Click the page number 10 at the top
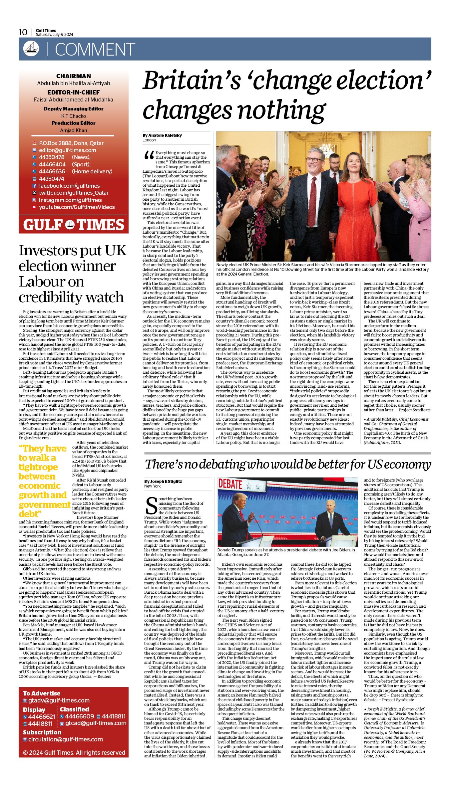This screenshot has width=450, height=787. (23, 32)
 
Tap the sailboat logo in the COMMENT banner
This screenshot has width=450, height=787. (31, 49)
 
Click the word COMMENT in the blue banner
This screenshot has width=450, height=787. (95, 50)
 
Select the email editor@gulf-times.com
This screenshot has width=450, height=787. (67, 150)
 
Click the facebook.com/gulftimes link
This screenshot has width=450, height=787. (69, 186)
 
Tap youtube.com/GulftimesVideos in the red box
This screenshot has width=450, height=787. (77, 207)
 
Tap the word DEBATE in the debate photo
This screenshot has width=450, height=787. (230, 484)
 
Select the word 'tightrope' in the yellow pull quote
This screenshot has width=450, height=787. (38, 467)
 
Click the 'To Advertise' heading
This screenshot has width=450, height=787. (42, 693)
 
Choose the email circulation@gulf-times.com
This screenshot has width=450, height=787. (65, 739)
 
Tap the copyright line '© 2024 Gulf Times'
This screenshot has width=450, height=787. (74, 752)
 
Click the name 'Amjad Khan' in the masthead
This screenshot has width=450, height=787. (74, 130)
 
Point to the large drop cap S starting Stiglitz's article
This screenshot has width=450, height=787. (151, 505)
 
